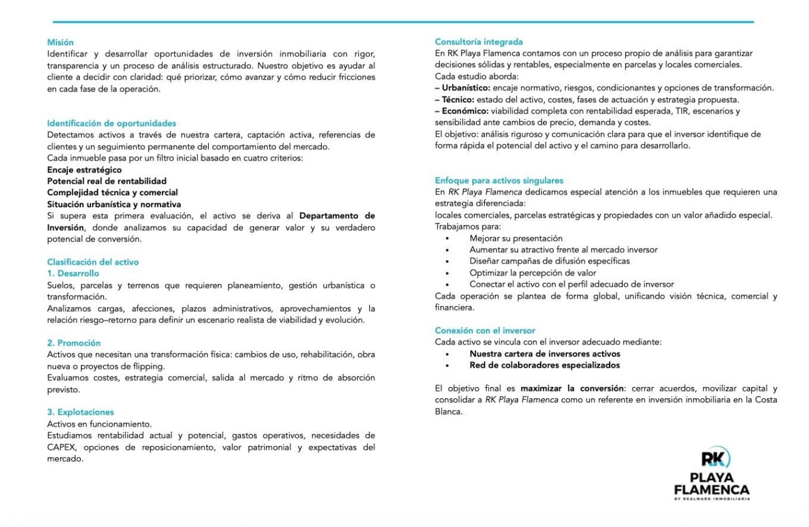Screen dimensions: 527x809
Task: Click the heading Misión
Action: [x=60, y=42]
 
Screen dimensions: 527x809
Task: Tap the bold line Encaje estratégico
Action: [x=85, y=169]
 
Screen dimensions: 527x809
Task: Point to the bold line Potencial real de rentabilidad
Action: [x=107, y=181]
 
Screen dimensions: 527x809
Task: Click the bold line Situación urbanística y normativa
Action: [x=114, y=204]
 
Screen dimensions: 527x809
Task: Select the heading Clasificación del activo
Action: [x=93, y=262]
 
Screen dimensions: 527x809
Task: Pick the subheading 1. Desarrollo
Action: [x=73, y=274]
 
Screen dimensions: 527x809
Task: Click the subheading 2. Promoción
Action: [x=74, y=343]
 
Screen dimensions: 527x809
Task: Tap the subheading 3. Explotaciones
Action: [x=80, y=412]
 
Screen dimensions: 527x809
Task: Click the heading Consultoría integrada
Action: [x=479, y=42]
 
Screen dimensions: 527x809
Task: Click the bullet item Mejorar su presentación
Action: [x=516, y=238]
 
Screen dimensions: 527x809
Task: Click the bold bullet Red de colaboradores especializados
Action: [x=544, y=365]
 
